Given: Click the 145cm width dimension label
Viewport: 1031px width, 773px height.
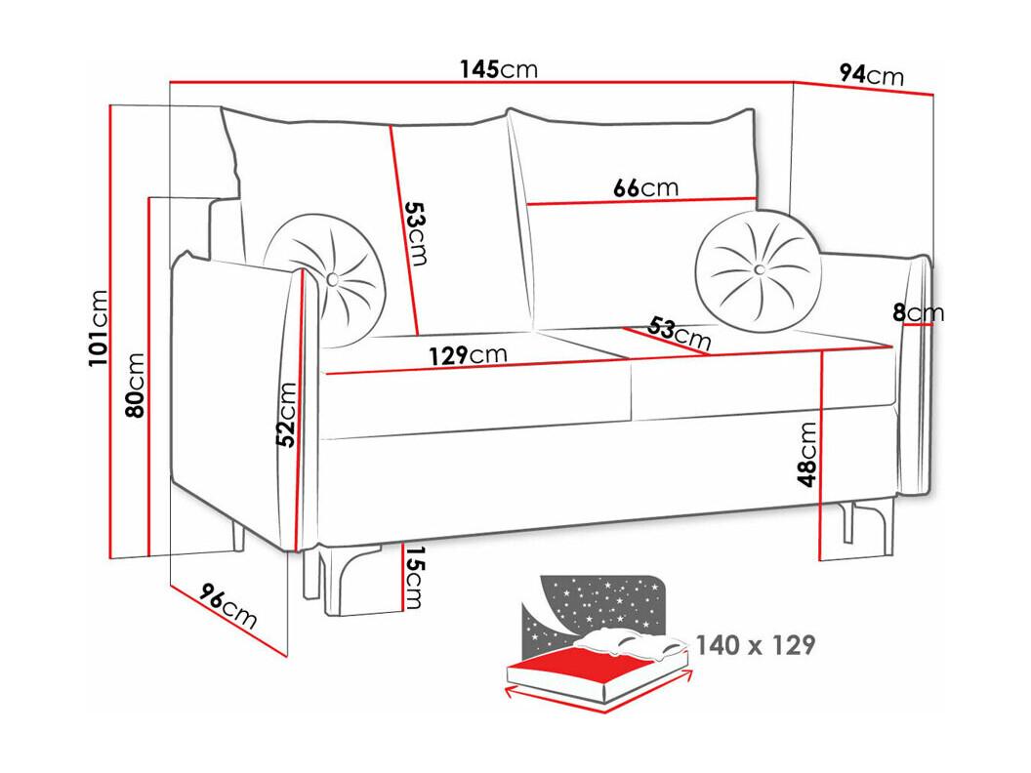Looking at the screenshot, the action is (498, 68).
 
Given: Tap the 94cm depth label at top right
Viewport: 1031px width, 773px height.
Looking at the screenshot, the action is (872, 74).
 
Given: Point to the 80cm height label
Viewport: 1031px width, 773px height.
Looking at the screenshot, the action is (135, 386).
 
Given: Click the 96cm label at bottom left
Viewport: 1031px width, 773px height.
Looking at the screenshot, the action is (227, 606).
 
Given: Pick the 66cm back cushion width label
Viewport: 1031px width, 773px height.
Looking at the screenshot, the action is (645, 188).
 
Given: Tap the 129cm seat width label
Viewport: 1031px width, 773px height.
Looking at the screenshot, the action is (469, 355).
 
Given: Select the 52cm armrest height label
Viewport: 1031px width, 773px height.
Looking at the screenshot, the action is (286, 414).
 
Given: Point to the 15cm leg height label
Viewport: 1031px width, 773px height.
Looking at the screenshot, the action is (414, 577).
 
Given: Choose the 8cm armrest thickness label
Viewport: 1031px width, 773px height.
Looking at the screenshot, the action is (918, 313).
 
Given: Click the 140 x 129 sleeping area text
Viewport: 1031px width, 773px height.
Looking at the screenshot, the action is (756, 645).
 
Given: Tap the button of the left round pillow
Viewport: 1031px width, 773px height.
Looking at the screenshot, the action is (333, 278).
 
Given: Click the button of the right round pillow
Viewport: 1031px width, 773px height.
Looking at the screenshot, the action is (760, 268).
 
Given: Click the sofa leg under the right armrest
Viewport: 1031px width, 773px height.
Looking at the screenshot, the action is (868, 526).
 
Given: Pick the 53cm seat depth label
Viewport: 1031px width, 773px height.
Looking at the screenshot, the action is (680, 333).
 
